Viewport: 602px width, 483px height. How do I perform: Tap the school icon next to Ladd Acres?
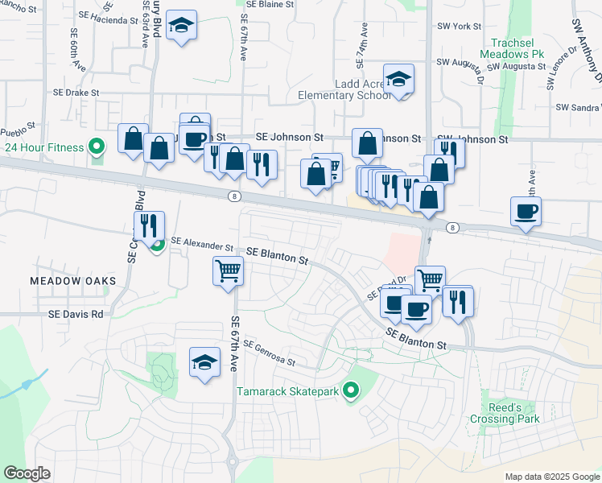click(398, 80)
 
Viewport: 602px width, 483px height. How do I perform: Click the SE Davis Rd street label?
click(76, 314)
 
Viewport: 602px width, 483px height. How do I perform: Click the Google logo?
click(27, 473)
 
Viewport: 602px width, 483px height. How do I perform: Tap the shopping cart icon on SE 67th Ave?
click(229, 270)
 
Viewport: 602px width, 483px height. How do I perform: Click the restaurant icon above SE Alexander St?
click(149, 225)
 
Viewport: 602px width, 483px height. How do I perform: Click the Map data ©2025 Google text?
click(551, 477)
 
